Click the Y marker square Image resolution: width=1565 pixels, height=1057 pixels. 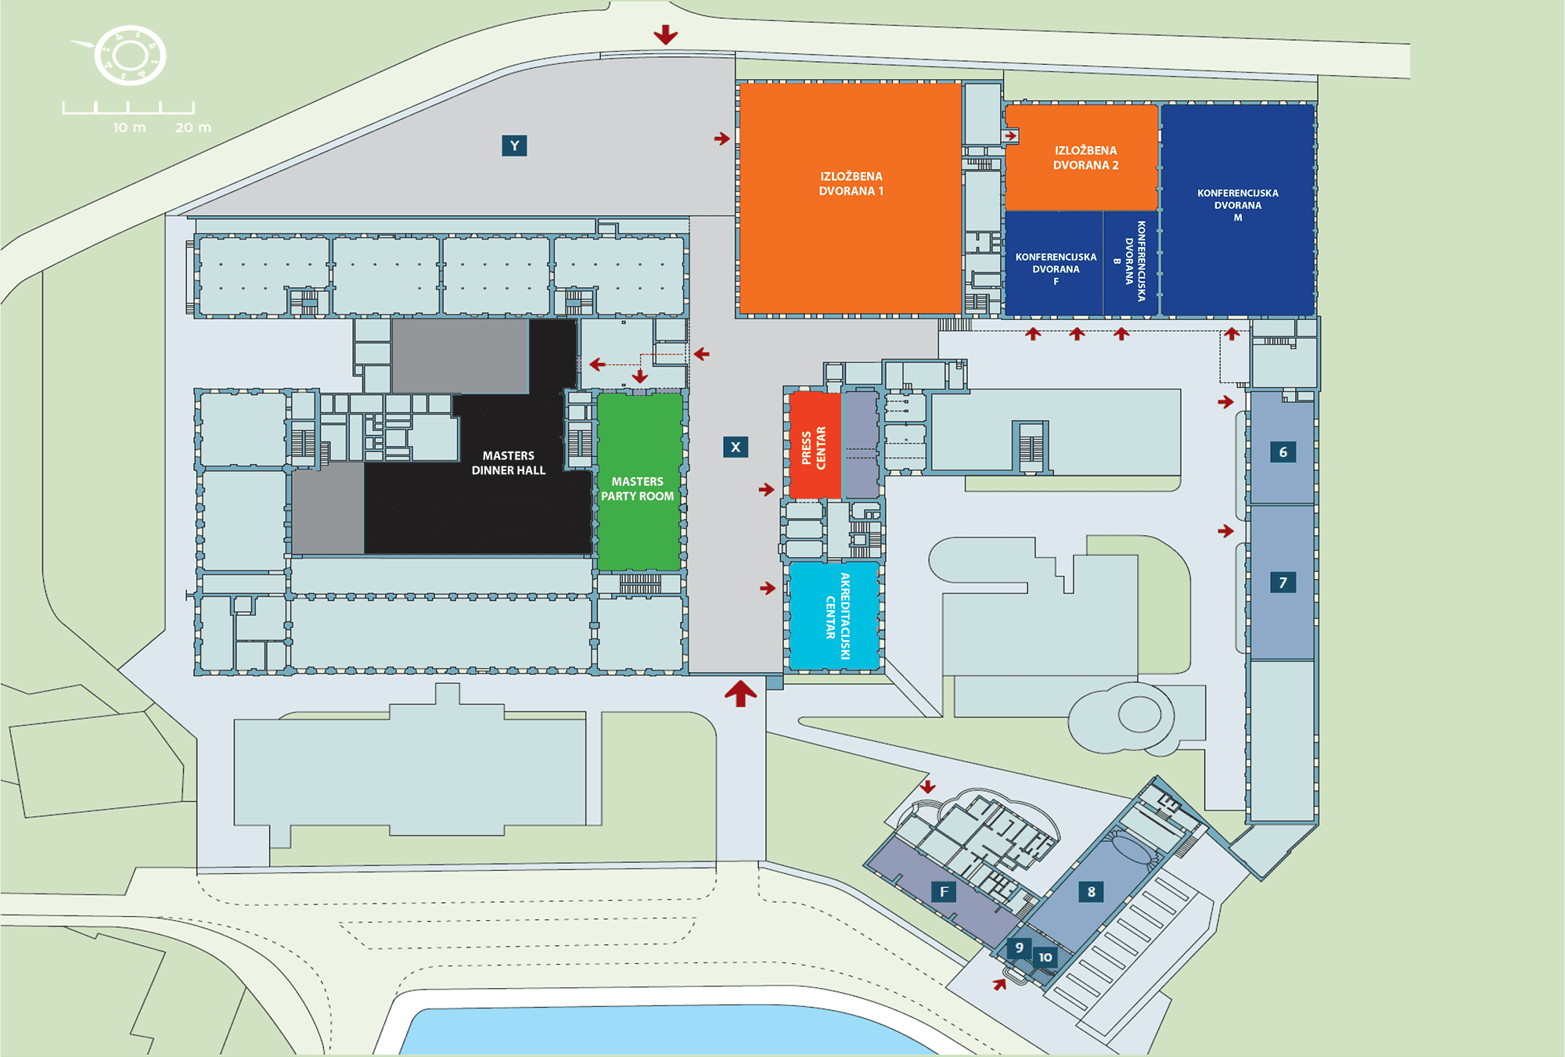click(514, 146)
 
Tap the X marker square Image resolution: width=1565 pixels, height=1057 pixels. click(736, 448)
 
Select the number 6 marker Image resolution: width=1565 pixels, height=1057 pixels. click(1283, 452)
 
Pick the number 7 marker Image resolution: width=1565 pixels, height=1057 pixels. click(1283, 582)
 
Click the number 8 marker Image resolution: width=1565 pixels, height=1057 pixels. click(1091, 892)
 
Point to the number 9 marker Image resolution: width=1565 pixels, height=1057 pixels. click(1019, 947)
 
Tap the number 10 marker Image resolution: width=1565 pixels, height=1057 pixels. click(1045, 958)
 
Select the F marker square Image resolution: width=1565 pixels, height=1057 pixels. click(944, 892)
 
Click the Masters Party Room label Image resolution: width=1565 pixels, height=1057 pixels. click(638, 489)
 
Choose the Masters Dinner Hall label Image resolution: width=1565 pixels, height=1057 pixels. click(509, 462)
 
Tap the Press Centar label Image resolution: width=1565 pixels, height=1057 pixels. click(814, 448)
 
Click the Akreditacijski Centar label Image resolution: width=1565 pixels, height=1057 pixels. click(837, 617)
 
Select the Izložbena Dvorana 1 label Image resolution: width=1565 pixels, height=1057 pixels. click(851, 184)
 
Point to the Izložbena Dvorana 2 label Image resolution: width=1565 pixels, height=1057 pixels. click(1086, 158)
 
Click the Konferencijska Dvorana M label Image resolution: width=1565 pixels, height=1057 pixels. click(1238, 205)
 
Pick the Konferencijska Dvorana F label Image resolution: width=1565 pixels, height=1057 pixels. click(1056, 269)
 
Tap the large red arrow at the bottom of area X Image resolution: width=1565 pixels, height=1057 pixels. click(740, 693)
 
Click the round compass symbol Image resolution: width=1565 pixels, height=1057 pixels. click(130, 56)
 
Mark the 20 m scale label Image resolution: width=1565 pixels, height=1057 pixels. click(193, 128)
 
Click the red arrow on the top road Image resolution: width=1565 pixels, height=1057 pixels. click(666, 34)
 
